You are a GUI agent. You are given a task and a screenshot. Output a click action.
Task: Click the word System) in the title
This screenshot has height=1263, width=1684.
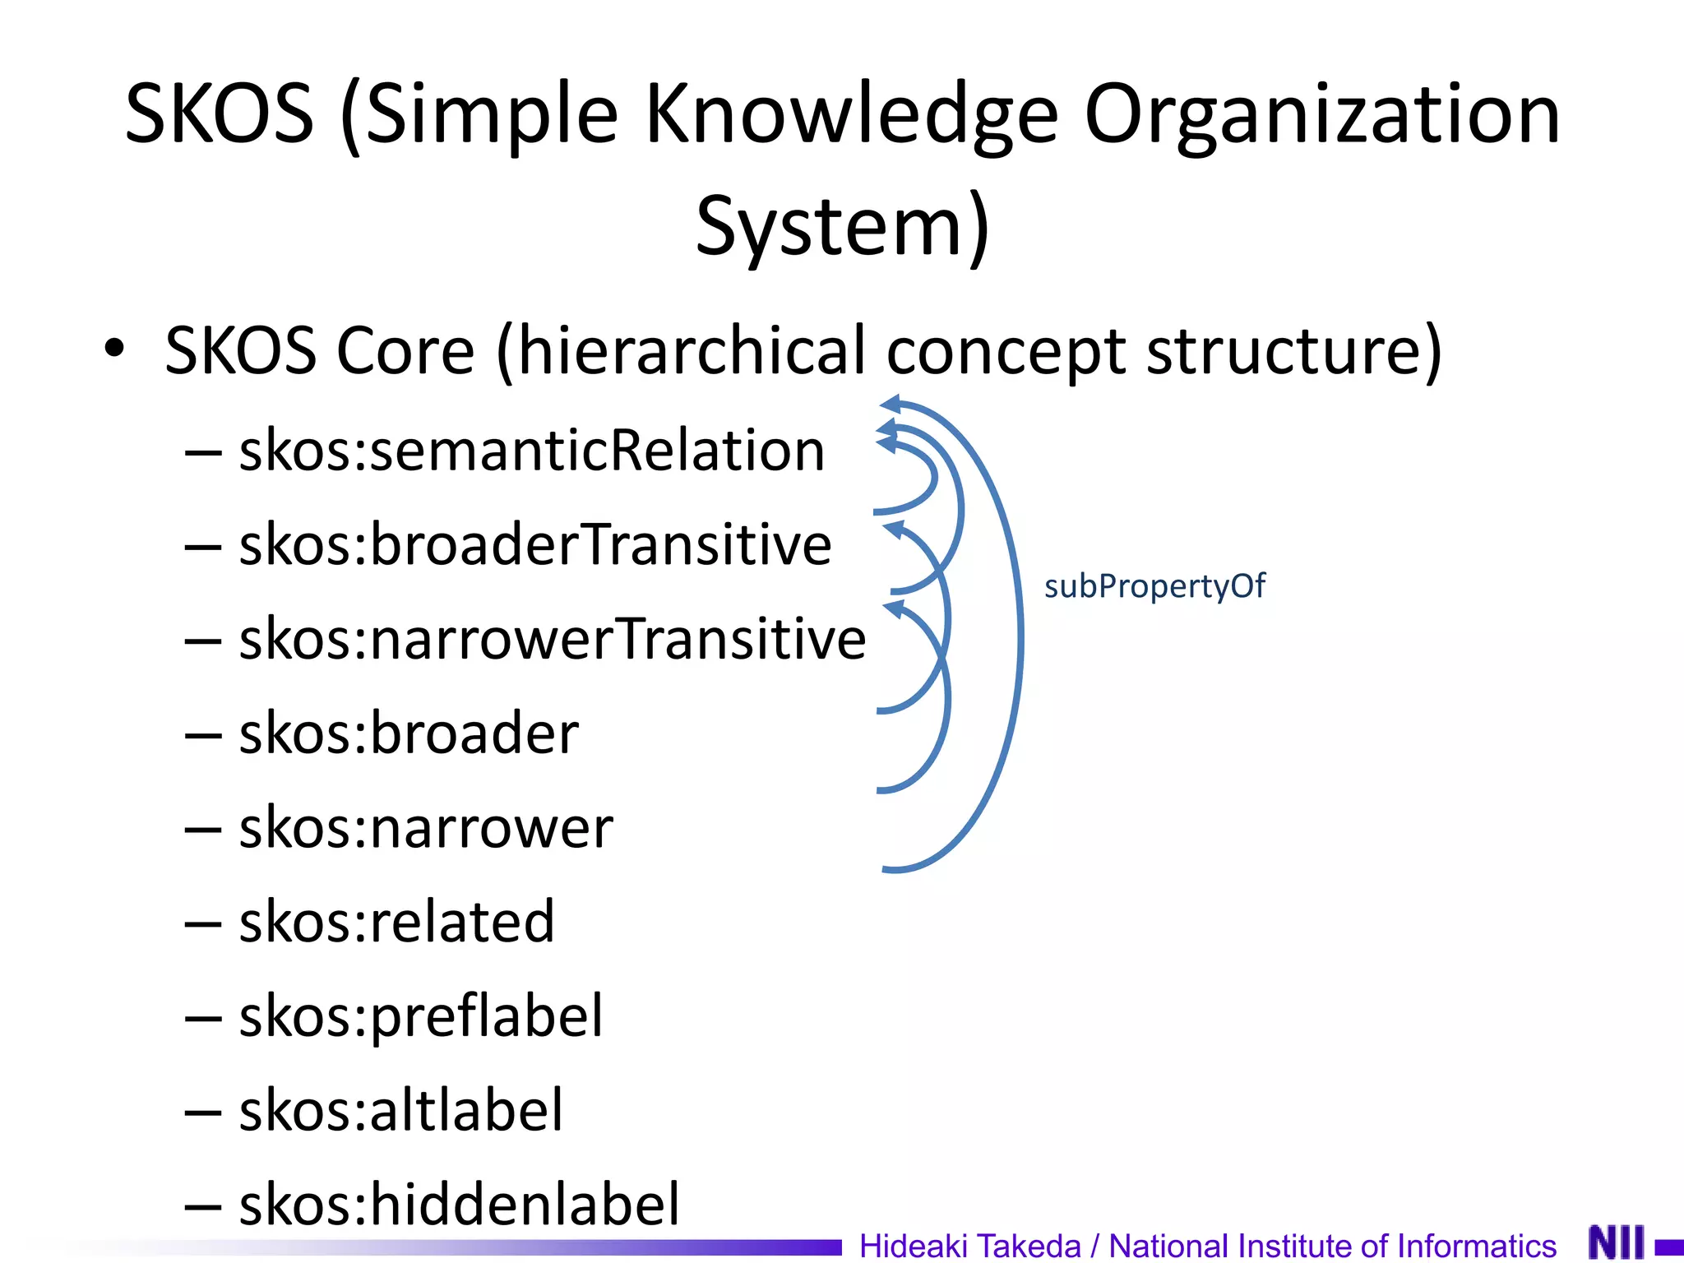tap(842, 227)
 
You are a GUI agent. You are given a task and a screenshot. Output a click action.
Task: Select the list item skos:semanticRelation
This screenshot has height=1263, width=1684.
tap(531, 451)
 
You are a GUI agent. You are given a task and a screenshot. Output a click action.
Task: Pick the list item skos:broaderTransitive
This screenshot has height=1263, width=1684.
tap(534, 545)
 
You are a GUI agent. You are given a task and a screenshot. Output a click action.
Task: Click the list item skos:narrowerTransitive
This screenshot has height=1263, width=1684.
tap(552, 639)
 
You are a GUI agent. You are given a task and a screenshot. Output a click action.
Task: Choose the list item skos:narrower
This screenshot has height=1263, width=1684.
tap(426, 827)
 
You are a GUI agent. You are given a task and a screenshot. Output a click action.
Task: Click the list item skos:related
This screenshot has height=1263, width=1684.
tap(396, 922)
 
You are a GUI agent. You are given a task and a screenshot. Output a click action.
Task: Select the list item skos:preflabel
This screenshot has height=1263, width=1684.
tap(421, 1016)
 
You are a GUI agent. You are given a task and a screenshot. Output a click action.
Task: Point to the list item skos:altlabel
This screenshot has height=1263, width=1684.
tap(401, 1110)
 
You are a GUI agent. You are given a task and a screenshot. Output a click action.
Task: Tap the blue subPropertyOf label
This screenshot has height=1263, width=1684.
tap(1154, 586)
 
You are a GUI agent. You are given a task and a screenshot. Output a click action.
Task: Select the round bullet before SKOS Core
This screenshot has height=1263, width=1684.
tap(114, 349)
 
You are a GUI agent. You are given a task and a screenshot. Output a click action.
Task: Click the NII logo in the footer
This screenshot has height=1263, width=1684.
tap(1617, 1242)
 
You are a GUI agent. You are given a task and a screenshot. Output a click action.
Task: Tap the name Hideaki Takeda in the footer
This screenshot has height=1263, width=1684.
tap(969, 1246)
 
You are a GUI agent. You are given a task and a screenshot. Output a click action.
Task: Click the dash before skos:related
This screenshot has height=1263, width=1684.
tap(203, 924)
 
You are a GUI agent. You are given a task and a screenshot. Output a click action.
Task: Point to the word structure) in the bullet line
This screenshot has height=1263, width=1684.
tap(1293, 351)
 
